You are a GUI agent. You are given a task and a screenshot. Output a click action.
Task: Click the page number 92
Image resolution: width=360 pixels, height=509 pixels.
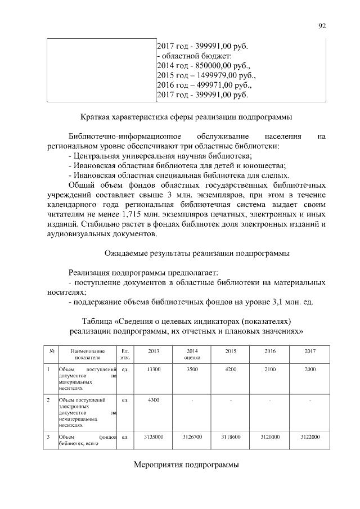pyautogui.click(x=322, y=25)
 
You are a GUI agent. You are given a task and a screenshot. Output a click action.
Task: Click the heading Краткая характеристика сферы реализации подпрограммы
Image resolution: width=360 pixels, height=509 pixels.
pyautogui.click(x=186, y=118)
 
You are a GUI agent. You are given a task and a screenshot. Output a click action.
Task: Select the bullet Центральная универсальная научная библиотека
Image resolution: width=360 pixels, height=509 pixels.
pyautogui.click(x=159, y=155)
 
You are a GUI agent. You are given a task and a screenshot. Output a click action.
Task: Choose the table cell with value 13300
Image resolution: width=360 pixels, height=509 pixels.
pyautogui.click(x=154, y=369)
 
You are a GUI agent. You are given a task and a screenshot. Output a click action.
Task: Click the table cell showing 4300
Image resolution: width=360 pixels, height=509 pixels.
pyautogui.click(x=154, y=400)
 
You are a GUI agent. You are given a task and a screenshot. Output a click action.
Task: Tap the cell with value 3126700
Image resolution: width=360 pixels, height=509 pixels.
pyautogui.click(x=192, y=436)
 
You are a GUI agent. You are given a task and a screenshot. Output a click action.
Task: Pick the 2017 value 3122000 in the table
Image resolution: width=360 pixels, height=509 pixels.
pyautogui.click(x=310, y=436)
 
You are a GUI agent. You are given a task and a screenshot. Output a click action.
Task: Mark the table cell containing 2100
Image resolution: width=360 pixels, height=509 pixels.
pyautogui.click(x=270, y=369)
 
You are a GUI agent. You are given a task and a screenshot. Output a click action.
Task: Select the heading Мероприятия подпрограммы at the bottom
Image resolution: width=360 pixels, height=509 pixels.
pyautogui.click(x=186, y=465)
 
